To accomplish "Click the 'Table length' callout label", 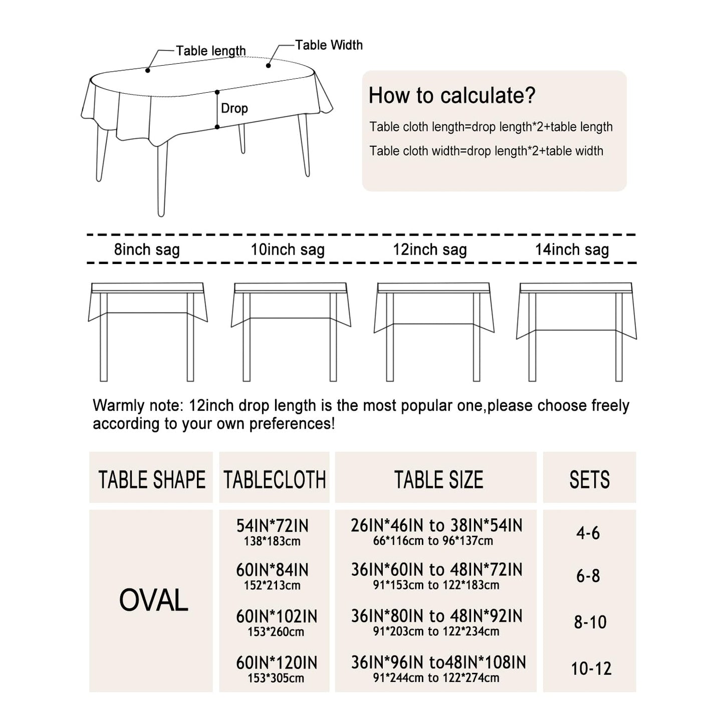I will pyautogui.click(x=210, y=51).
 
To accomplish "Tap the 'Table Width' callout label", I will pyautogui.click(x=329, y=45).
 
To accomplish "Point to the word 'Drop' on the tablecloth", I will pyautogui.click(x=234, y=108).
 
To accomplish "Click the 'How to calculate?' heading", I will pyautogui.click(x=452, y=95).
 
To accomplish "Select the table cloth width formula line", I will pyautogui.click(x=486, y=151).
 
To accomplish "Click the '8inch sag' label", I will pyautogui.click(x=147, y=250).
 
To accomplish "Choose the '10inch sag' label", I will pyautogui.click(x=288, y=250).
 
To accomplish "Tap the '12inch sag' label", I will pyautogui.click(x=429, y=250).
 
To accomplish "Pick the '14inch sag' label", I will pyautogui.click(x=572, y=250).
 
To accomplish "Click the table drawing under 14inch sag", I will pyautogui.click(x=577, y=331).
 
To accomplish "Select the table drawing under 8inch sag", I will pyautogui.click(x=148, y=331).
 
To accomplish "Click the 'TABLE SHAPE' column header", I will pyautogui.click(x=152, y=479).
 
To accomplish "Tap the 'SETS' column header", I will pyautogui.click(x=589, y=479).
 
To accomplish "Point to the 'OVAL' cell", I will pyautogui.click(x=153, y=600).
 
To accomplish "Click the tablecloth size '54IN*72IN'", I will pyautogui.click(x=273, y=526).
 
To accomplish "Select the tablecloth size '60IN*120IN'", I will pyautogui.click(x=277, y=663).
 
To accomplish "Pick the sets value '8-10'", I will pyautogui.click(x=590, y=622).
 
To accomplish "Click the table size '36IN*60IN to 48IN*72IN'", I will pyautogui.click(x=436, y=570).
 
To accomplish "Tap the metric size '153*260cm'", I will pyautogui.click(x=276, y=632).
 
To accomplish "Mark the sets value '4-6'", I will pyautogui.click(x=588, y=533).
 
